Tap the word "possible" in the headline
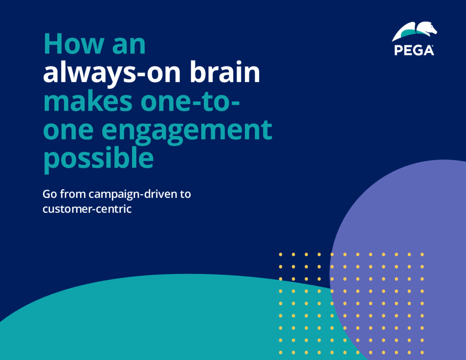click(98, 159)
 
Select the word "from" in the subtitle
click(72, 194)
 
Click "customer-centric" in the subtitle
click(87, 209)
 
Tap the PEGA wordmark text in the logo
click(414, 50)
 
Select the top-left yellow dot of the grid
click(281, 254)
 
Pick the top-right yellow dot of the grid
click(422, 254)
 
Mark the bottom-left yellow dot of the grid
click(281, 352)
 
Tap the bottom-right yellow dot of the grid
click(422, 352)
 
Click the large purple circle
click(400, 214)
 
